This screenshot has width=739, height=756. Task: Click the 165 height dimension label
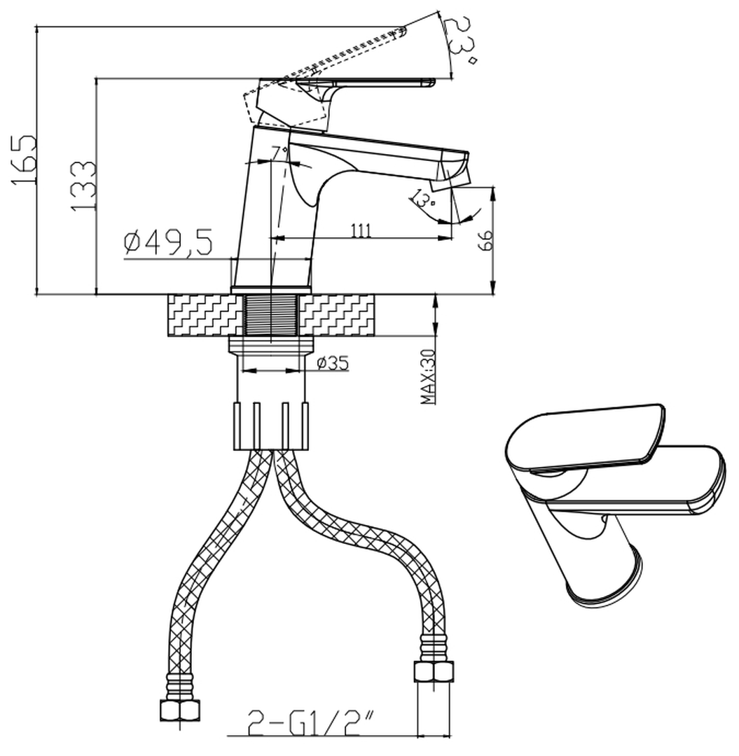tap(23, 159)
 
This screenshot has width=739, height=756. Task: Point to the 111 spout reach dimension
tap(361, 231)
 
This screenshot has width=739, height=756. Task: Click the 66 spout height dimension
tap(485, 239)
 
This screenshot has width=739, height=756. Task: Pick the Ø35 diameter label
tap(333, 363)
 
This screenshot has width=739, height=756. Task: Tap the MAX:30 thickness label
tap(428, 377)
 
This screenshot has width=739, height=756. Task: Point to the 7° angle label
tap(279, 153)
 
